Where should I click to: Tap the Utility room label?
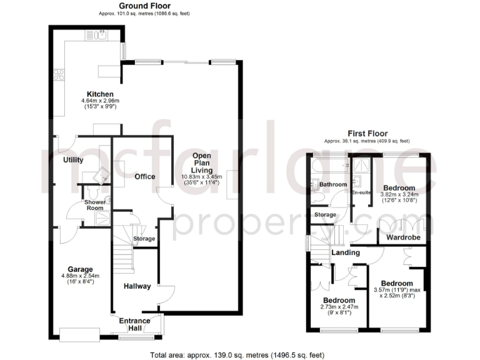pos(73,159)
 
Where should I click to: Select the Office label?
pos(144,177)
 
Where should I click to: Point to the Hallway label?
pos(137,286)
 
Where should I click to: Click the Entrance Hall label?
pos(135,324)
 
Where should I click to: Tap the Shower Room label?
pos(94,205)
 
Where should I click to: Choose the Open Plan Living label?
pos(202,162)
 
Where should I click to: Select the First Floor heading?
pos(367,133)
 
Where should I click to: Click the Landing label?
pos(346,252)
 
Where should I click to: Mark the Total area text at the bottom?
pos(237,354)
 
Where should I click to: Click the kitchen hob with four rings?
pos(60,75)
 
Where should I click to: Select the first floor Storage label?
pos(325,214)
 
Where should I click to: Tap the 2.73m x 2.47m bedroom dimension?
pos(336,307)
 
